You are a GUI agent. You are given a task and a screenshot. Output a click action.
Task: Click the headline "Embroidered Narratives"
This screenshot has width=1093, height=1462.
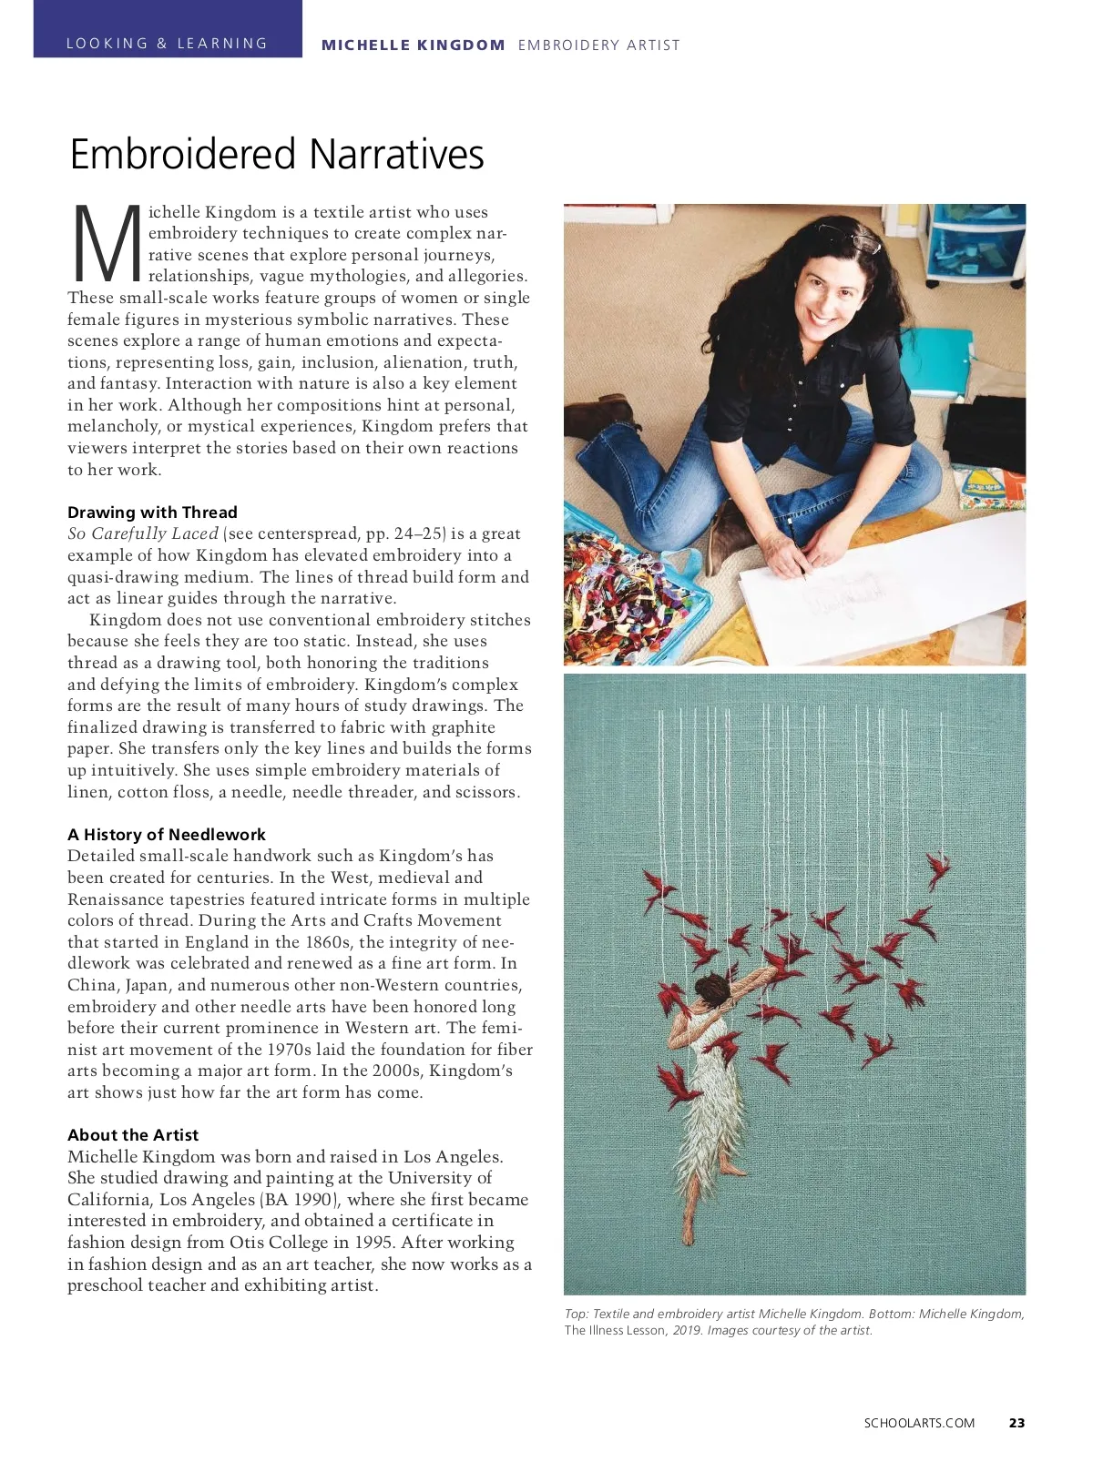(277, 155)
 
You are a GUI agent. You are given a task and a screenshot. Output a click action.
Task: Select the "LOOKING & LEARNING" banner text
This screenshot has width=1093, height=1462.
(167, 44)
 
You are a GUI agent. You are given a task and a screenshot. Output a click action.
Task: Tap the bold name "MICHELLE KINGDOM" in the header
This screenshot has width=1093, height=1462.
(413, 45)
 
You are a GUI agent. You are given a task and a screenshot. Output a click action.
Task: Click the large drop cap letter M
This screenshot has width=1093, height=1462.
(106, 244)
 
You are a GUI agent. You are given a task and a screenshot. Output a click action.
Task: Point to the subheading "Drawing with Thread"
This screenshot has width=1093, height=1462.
(152, 513)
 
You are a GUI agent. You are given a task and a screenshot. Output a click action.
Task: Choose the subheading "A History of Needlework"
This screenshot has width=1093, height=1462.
(167, 835)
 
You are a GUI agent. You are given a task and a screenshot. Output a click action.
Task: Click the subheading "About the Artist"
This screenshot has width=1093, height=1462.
(133, 1135)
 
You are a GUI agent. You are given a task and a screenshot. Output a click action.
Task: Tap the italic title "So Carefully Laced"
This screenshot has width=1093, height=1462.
(143, 534)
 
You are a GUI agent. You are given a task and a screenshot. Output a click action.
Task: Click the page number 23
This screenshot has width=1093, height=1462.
(1016, 1423)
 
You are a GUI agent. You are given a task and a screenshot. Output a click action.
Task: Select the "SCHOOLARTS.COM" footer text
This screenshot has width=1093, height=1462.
(919, 1423)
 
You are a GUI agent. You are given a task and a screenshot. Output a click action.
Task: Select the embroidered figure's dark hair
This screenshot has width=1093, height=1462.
(710, 988)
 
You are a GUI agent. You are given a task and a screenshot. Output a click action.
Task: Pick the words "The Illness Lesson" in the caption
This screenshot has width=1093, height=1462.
(615, 1331)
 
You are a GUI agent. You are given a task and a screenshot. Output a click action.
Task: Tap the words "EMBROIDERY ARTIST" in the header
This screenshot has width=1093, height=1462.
(598, 45)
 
